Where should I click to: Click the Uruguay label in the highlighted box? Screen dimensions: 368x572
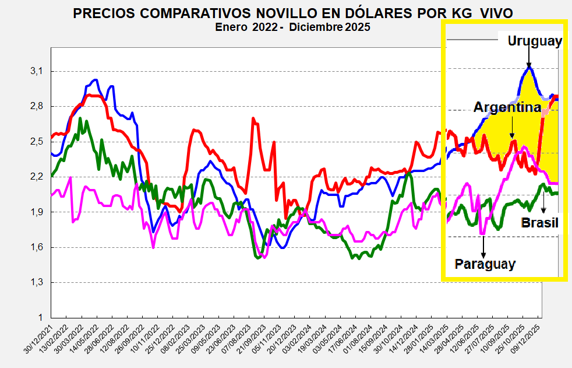pos(534,41)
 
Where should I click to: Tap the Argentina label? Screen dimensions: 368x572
pos(507,107)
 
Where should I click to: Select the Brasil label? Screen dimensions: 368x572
pos(539,223)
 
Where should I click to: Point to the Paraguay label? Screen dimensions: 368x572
pos(485,264)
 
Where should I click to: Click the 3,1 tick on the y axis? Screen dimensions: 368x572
pos(37,71)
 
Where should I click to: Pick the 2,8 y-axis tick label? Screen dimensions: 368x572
pos(37,106)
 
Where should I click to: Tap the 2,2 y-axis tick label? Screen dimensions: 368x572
pos(37,177)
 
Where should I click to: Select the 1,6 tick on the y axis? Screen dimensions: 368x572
pos(37,247)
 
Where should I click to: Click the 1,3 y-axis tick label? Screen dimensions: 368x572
pos(37,282)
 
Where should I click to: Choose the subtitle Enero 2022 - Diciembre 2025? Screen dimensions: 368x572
pos(292,27)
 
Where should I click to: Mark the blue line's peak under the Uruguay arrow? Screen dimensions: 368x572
pos(529,68)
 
